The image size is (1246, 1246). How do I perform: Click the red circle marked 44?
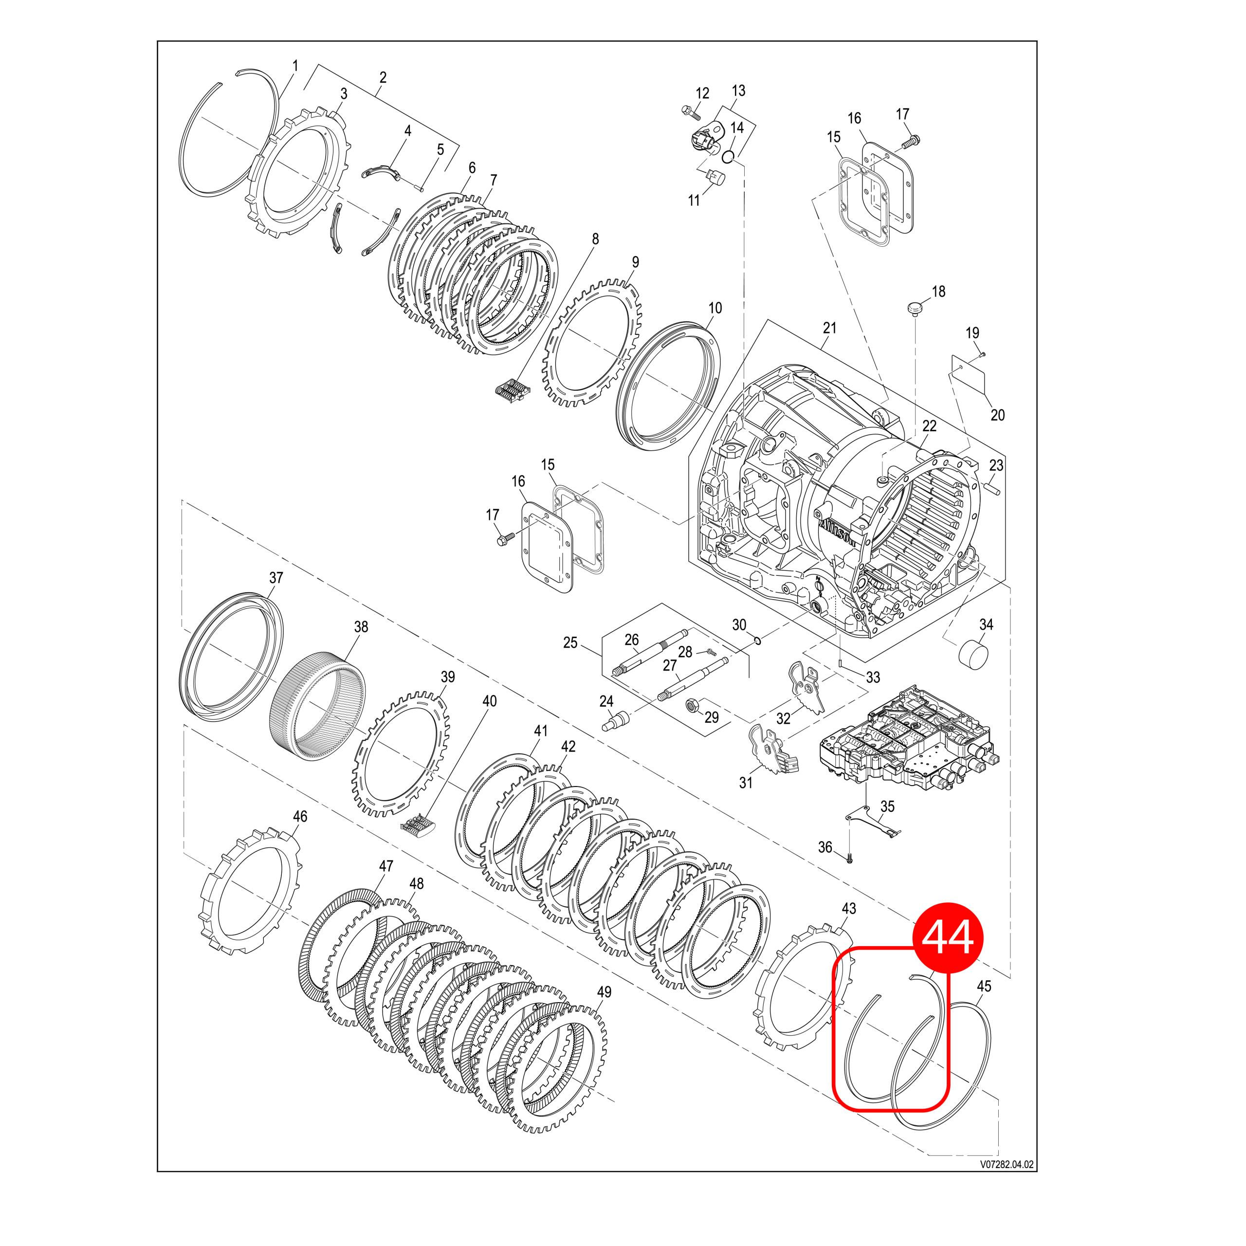tap(948, 937)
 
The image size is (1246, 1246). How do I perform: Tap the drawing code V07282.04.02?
tap(1006, 1165)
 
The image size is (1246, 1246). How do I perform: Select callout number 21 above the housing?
tap(829, 328)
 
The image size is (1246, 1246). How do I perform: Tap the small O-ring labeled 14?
tap(728, 156)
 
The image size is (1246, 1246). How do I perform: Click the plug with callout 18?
tap(915, 308)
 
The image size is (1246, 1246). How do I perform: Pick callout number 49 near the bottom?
tap(604, 992)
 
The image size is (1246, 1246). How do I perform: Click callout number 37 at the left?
tap(276, 577)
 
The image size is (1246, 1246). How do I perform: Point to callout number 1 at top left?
tap(296, 66)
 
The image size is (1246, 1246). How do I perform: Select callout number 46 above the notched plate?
tap(300, 817)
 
